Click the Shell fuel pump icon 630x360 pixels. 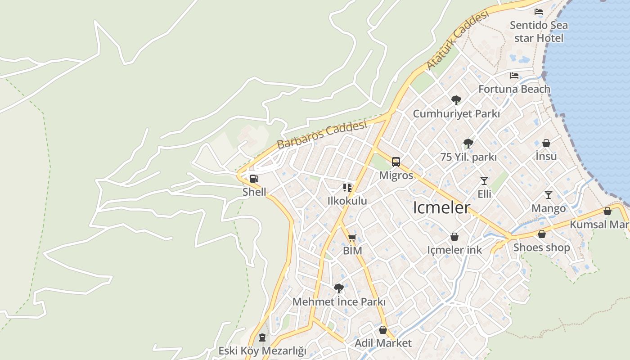254,178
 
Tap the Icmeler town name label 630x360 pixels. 441,207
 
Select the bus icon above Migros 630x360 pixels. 396,162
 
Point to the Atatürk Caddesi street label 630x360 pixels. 457,40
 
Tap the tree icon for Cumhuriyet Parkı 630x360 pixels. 456,100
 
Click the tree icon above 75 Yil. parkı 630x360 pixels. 468,144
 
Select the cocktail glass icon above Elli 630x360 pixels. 484,181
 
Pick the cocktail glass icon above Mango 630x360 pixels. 548,195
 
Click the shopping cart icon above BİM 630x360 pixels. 352,238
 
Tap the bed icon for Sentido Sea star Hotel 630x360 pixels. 539,12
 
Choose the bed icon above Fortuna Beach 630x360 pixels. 514,76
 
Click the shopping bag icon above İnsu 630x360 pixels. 546,143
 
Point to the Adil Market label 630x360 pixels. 383,343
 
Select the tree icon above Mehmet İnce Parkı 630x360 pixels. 339,288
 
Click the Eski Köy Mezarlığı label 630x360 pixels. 262,351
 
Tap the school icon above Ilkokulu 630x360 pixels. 347,187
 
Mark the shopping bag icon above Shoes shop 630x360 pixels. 542,234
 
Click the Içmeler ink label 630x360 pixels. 454,250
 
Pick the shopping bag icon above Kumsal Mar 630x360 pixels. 607,211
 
